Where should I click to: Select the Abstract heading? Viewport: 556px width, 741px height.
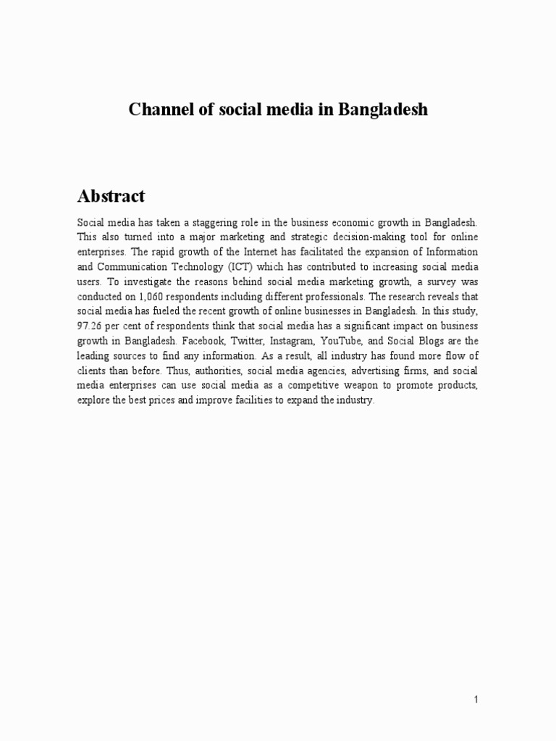pos(111,195)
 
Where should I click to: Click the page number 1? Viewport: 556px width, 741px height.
pos(476,699)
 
